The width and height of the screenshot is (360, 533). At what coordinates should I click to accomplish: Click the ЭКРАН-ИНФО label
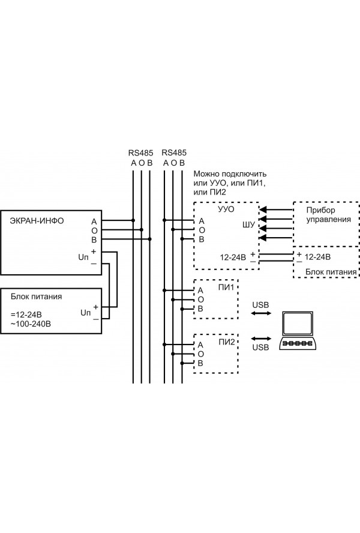[37, 221]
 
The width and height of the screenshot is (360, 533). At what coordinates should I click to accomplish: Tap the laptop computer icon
[298, 330]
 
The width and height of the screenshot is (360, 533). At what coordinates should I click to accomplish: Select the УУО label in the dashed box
[226, 209]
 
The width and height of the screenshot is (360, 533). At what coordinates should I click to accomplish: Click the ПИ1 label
[226, 288]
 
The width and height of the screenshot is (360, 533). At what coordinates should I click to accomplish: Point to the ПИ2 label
[227, 342]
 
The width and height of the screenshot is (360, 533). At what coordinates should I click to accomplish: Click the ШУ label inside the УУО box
[248, 224]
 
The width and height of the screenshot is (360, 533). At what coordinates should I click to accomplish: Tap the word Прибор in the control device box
[320, 210]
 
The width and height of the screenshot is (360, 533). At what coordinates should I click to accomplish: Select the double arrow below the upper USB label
[261, 313]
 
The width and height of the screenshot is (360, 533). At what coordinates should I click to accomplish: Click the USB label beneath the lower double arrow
[261, 348]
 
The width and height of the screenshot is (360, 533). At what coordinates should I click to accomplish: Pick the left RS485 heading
[141, 153]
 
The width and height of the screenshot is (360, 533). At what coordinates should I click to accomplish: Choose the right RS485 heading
[174, 152]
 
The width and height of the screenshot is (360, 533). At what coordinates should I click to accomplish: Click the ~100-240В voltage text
[31, 324]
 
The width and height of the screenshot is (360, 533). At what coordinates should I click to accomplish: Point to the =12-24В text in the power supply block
[26, 315]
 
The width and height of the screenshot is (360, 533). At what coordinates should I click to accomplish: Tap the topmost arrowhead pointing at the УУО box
[262, 209]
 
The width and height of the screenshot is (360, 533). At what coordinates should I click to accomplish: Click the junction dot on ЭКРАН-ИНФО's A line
[133, 220]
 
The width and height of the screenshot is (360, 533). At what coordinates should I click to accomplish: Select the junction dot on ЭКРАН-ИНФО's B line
[149, 239]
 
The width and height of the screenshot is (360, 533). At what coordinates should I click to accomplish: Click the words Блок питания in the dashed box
[331, 271]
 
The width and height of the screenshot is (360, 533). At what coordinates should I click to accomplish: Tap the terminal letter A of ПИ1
[200, 291]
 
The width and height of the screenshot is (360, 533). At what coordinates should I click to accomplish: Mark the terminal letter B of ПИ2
[200, 363]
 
